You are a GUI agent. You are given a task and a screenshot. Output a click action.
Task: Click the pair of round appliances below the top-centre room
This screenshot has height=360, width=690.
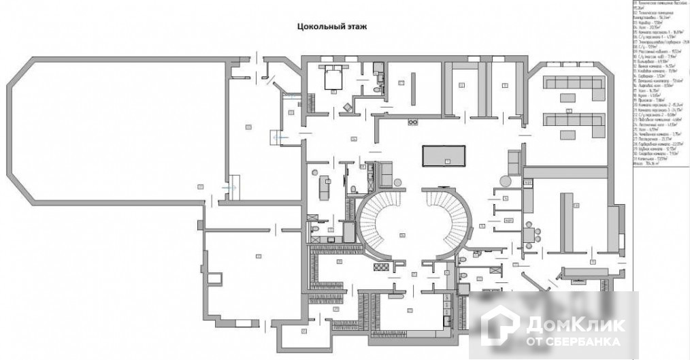click(412, 122)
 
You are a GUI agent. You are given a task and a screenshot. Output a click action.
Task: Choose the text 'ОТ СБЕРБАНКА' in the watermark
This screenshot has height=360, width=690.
click(573, 340)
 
